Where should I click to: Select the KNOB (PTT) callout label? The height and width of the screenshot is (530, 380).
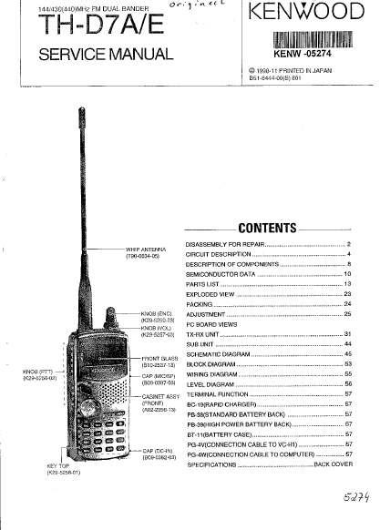click(x=40, y=374)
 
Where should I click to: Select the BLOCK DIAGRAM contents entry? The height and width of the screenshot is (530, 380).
click(x=211, y=363)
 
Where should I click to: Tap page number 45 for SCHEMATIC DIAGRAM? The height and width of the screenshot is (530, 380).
click(x=348, y=353)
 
